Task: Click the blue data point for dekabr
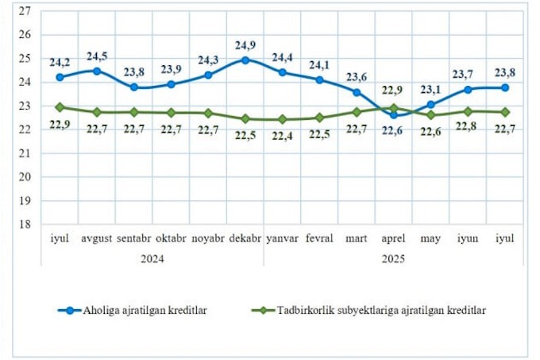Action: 245,60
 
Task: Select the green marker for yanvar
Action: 283,119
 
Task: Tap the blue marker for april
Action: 395,114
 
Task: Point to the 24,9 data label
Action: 245,43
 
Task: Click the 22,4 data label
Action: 283,134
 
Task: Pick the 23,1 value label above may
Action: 431,90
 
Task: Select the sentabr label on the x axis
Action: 133,238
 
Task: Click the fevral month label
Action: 319,238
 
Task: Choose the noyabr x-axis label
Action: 207,238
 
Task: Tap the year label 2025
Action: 393,258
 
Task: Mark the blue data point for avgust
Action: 97,71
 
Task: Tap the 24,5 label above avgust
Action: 97,56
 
